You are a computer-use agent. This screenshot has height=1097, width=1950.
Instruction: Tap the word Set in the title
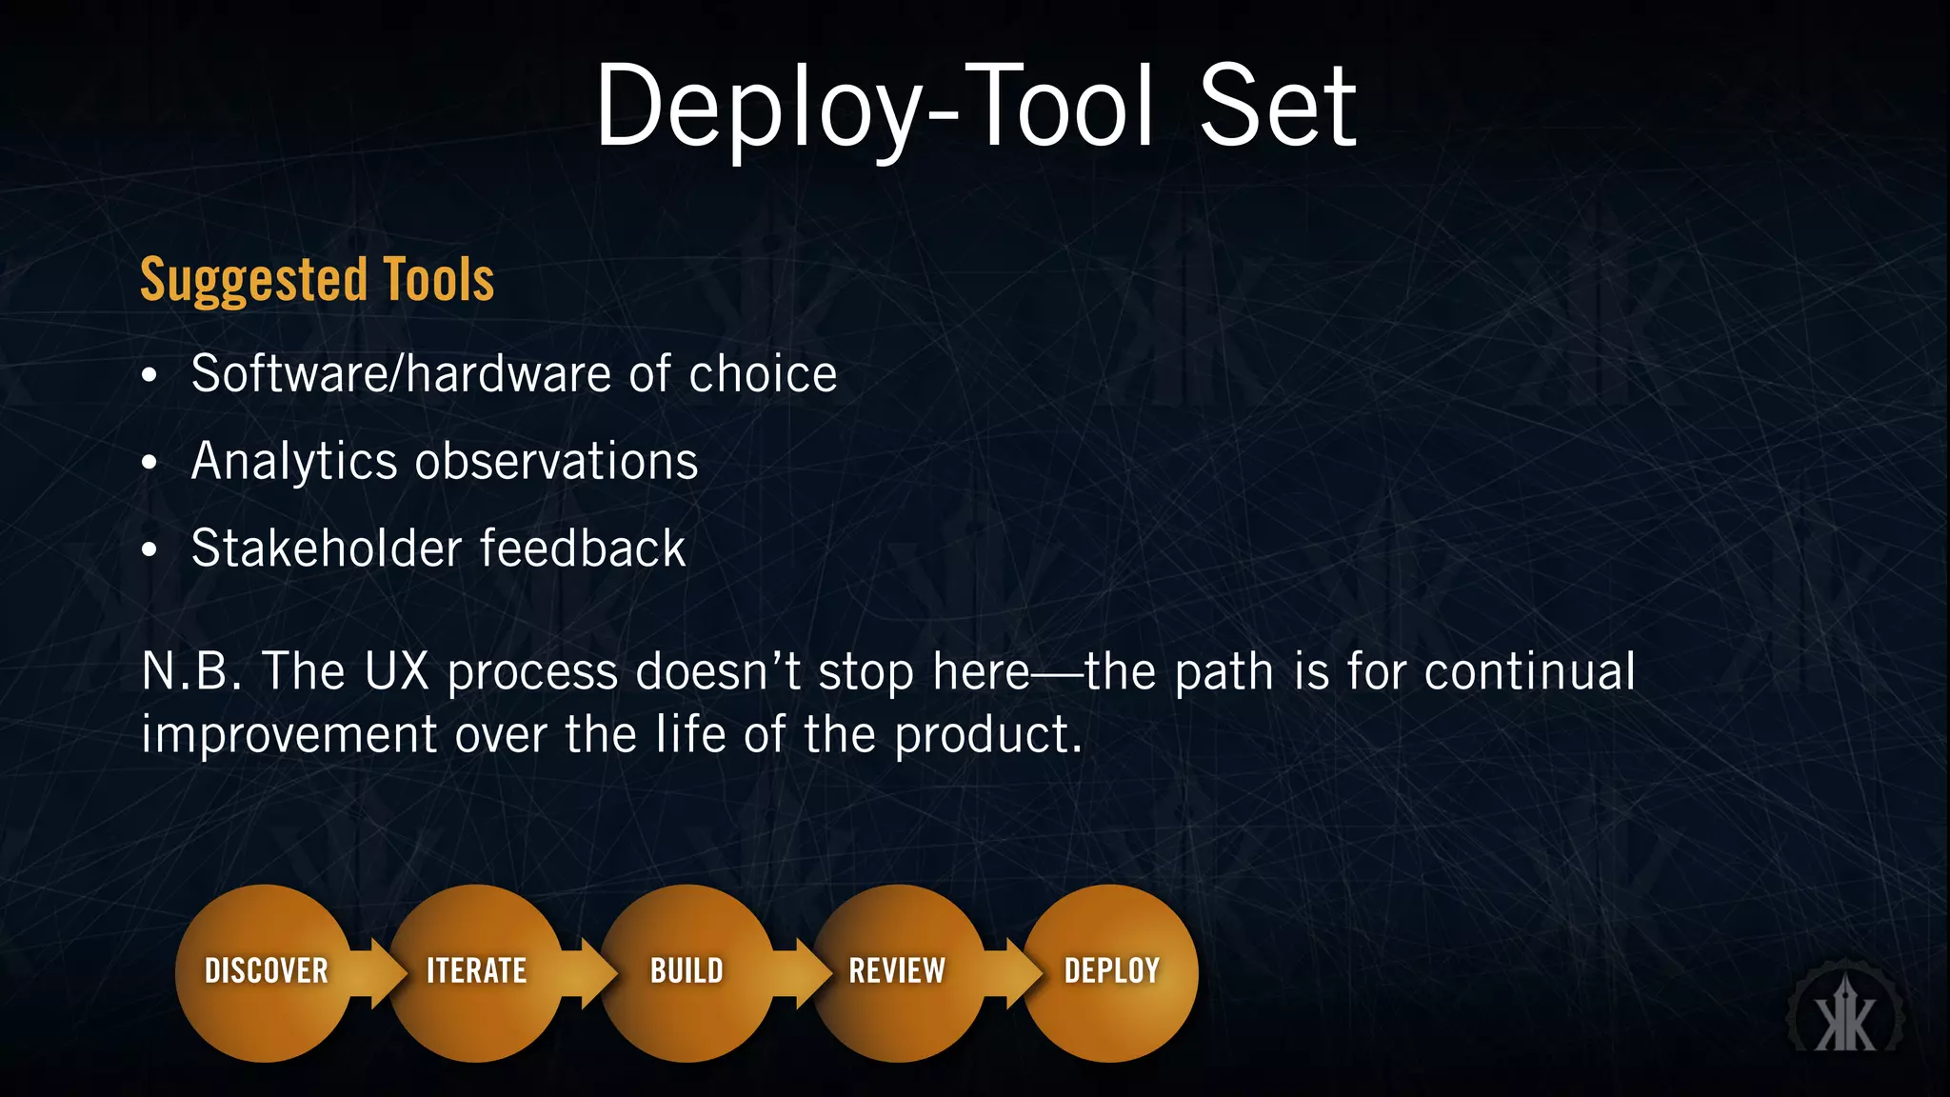(1276, 107)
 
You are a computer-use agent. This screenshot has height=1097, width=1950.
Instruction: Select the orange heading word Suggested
(253, 280)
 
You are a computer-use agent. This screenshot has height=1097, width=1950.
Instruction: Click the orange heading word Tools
(439, 280)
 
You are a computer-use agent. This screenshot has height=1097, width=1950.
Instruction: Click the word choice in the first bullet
(763, 373)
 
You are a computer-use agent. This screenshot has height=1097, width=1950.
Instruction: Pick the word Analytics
(294, 463)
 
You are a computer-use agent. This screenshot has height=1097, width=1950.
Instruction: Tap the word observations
(557, 461)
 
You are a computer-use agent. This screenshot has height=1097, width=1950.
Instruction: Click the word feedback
(583, 548)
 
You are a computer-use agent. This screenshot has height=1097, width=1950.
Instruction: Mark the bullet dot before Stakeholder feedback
(149, 550)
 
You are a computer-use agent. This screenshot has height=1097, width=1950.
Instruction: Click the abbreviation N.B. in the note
(192, 671)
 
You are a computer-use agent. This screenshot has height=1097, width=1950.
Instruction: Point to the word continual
(1530, 671)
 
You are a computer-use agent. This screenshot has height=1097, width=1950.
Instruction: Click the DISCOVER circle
(266, 972)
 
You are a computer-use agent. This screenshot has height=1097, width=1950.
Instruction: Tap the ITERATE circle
(476, 972)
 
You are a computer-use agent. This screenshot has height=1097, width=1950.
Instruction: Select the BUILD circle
(686, 972)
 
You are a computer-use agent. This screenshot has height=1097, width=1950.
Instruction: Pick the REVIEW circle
(897, 972)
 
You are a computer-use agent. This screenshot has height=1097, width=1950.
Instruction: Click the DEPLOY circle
(1111, 972)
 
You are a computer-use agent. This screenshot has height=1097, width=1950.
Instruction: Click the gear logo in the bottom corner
(1845, 1015)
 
